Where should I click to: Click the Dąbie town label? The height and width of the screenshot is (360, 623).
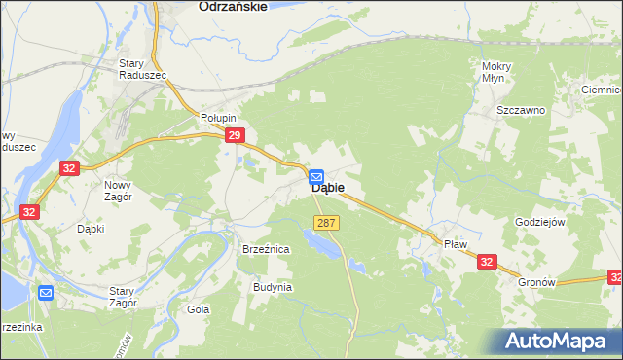tap(326, 193)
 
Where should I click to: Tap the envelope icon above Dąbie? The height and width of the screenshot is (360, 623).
tap(316, 176)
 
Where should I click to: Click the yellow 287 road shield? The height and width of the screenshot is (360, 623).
tap(326, 223)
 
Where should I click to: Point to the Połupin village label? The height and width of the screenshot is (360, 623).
tap(219, 118)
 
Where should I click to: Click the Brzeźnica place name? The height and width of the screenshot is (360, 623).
tap(266, 250)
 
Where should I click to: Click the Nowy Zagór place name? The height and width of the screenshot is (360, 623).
tap(124, 189)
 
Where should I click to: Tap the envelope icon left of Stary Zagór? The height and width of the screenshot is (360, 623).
tap(46, 292)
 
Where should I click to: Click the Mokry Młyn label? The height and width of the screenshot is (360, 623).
tap(496, 72)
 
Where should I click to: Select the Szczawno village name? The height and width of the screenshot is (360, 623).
tap(521, 111)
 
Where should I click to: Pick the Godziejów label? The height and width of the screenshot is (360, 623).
tap(539, 222)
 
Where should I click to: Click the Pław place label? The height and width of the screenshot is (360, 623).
tap(456, 244)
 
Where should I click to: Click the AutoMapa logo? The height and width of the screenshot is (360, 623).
tap(560, 340)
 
